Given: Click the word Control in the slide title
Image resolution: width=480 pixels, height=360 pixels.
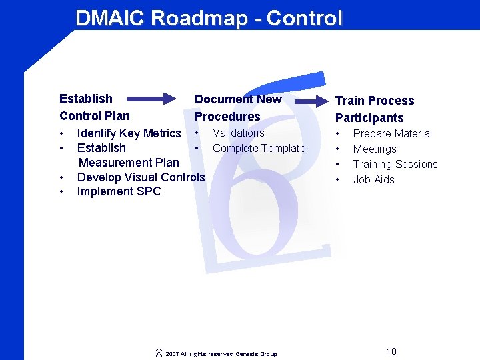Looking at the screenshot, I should coord(303,18).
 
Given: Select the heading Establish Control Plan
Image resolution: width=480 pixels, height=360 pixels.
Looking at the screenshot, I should coord(94,107).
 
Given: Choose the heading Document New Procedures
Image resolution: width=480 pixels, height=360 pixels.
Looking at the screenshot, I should coord(237,108).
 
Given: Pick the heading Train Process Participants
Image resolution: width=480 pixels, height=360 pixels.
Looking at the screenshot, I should coord(374,109).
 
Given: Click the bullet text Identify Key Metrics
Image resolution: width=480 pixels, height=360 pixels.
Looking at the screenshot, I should coord(129,133).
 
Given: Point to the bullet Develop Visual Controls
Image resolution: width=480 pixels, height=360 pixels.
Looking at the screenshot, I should coord(141,177).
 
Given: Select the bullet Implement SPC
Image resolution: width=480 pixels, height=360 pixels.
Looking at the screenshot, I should coord(119,191).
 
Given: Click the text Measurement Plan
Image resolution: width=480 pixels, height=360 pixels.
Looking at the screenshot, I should coord(129,162).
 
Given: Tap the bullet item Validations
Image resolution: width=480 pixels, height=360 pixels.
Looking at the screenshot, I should coord(238,133).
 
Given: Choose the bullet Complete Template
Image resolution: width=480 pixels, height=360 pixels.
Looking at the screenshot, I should coord(259,148).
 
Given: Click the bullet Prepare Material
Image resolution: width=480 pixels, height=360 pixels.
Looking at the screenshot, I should coord(392,133).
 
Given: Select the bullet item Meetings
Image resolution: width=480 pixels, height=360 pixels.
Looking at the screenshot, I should coord(374,149).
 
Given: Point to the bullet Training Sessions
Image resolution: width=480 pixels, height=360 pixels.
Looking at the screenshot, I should coord(395,164).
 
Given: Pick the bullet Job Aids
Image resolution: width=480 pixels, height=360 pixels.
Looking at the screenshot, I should coord(373,179).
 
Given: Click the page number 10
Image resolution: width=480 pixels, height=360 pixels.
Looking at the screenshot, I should coord(391,351).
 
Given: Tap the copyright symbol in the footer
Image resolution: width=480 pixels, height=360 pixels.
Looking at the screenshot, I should coord(158,353).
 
